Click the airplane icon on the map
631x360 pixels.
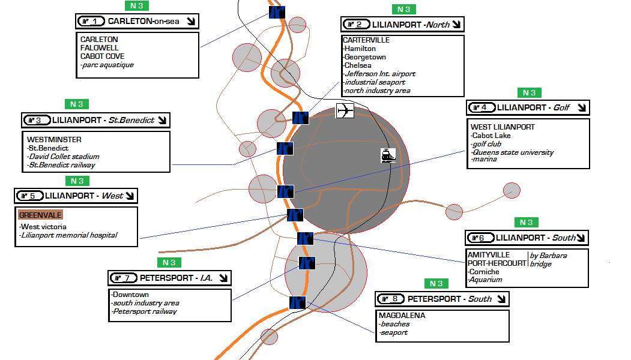pyautogui.click(x=345, y=111)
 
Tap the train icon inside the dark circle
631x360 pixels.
pyautogui.click(x=388, y=155)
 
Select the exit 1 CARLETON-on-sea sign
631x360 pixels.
pyautogui.click(x=138, y=22)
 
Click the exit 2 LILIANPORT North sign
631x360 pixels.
pyautogui.click(x=403, y=25)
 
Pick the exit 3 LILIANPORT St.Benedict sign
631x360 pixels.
pyautogui.click(x=95, y=120)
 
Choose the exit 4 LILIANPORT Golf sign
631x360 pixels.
pyautogui.click(x=528, y=108)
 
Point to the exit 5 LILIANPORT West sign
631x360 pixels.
pyautogui.click(x=76, y=196)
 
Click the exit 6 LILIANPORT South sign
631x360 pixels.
pyautogui.click(x=527, y=238)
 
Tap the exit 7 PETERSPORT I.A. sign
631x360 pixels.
pyautogui.click(x=169, y=278)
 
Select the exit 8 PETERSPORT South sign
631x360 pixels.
pyautogui.click(x=442, y=299)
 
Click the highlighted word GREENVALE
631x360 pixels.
pyautogui.click(x=40, y=215)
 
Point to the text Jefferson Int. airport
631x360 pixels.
pyautogui.click(x=379, y=74)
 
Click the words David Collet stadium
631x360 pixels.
pyautogui.click(x=60, y=157)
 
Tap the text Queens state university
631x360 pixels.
pyautogui.click(x=512, y=152)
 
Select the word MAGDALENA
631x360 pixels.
pyautogui.click(x=402, y=316)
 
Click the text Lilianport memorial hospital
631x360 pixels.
pyautogui.click(x=68, y=235)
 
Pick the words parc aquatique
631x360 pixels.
pyautogui.click(x=107, y=65)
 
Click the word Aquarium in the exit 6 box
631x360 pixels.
pyautogui.click(x=486, y=280)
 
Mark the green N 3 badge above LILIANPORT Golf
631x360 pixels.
pyautogui.click(x=529, y=93)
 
